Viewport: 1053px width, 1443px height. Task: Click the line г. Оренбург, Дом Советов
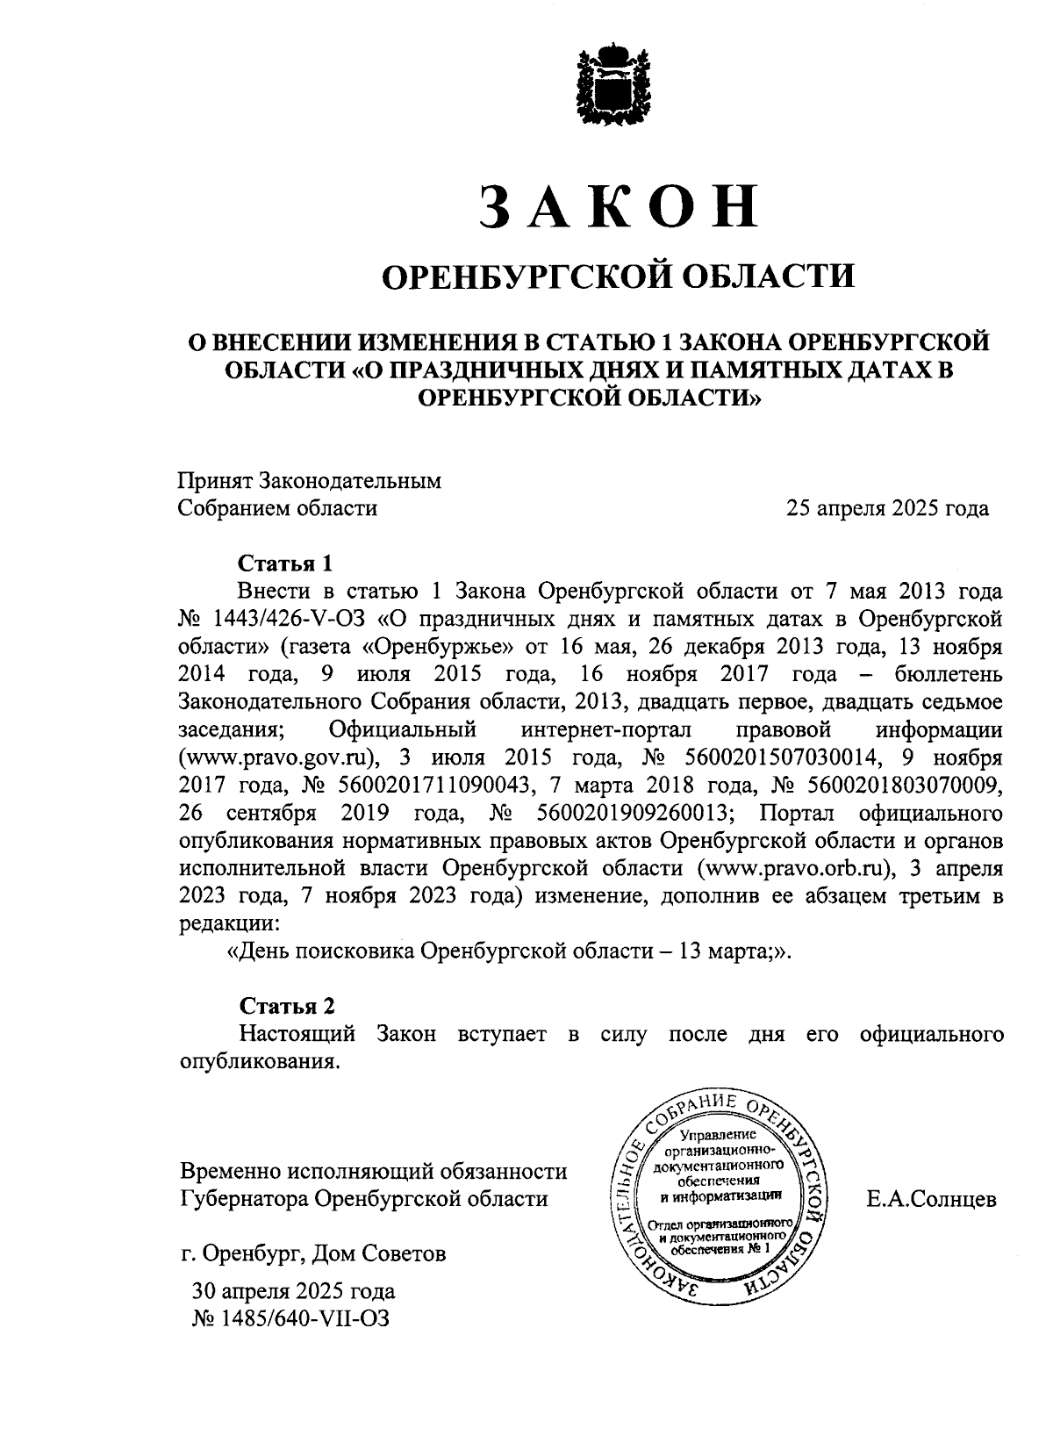point(312,1253)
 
